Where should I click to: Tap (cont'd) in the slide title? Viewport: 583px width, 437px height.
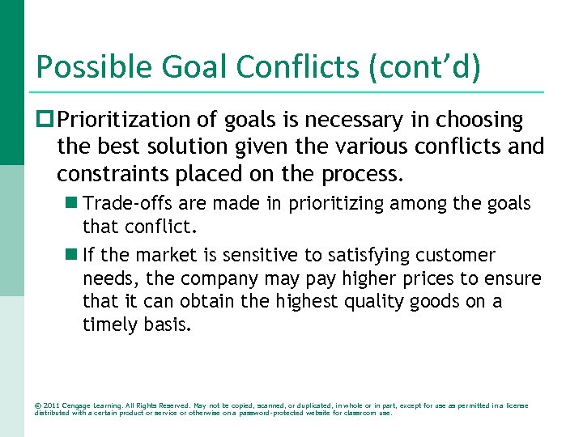(423, 67)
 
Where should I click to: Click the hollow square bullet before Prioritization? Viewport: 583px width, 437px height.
(45, 121)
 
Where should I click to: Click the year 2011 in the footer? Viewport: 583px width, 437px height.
(52, 405)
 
